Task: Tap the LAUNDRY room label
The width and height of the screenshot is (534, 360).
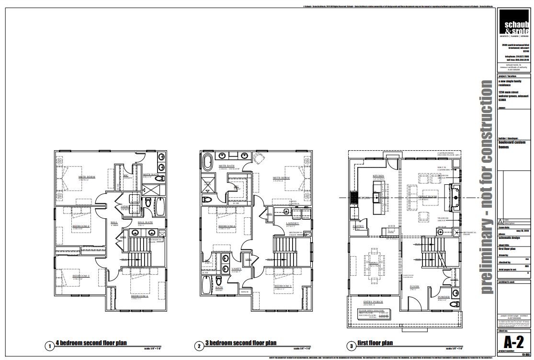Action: coord(293,223)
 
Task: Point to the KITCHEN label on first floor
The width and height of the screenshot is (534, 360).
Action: coord(378,176)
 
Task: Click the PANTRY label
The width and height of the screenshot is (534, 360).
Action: coord(358,226)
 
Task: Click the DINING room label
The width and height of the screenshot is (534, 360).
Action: coord(374,263)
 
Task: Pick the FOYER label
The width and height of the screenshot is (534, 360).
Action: coord(414,286)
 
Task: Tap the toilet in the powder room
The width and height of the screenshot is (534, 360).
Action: coord(455,304)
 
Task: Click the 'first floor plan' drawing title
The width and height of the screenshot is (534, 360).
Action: coord(376,343)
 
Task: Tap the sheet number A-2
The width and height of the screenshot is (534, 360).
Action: coord(514,343)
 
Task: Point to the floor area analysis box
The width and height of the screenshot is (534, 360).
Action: coord(374,314)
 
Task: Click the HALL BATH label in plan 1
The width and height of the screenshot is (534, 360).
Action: coord(145,223)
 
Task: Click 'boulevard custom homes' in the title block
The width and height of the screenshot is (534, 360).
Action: coord(511,144)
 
